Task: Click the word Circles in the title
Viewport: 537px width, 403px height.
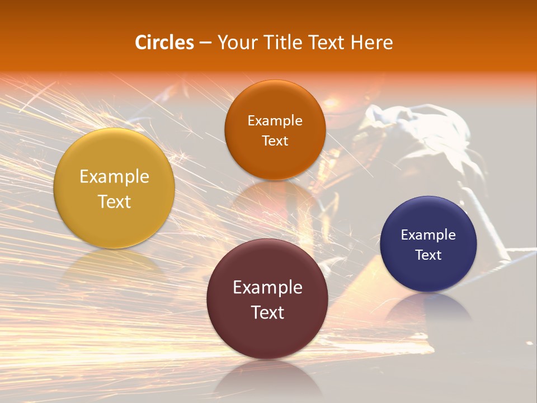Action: [x=164, y=43]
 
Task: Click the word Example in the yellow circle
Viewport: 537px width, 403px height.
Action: [x=114, y=177]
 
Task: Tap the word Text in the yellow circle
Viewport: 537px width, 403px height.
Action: [x=114, y=201]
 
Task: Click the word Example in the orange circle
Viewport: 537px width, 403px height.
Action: [x=275, y=121]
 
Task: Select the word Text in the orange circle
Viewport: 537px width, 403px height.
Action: [x=275, y=141]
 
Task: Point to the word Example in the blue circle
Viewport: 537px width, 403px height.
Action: [x=428, y=235]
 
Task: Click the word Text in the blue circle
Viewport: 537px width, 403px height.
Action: [x=428, y=255]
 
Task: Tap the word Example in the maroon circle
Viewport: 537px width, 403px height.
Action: [x=267, y=288]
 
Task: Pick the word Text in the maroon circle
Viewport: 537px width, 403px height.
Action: [x=267, y=312]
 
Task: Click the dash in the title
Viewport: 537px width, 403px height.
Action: [x=205, y=43]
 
